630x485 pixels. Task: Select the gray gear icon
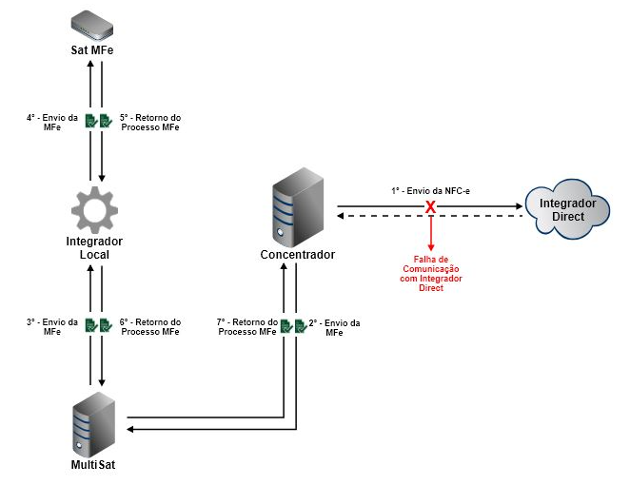[x=94, y=210]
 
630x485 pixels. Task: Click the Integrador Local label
[x=94, y=248]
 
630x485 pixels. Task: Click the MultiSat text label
[x=94, y=465]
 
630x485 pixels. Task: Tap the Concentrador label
[x=297, y=254]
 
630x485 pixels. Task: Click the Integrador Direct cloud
[x=567, y=207]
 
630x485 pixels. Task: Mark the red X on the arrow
[x=430, y=206]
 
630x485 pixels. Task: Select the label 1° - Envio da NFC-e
[x=430, y=191]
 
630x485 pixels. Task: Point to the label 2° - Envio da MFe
[x=334, y=327]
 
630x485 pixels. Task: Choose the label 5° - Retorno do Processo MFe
[x=149, y=123]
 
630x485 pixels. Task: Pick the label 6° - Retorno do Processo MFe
[x=149, y=327]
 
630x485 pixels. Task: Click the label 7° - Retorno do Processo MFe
[x=246, y=327]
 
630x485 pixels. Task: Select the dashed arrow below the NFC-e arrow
[x=476, y=216]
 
